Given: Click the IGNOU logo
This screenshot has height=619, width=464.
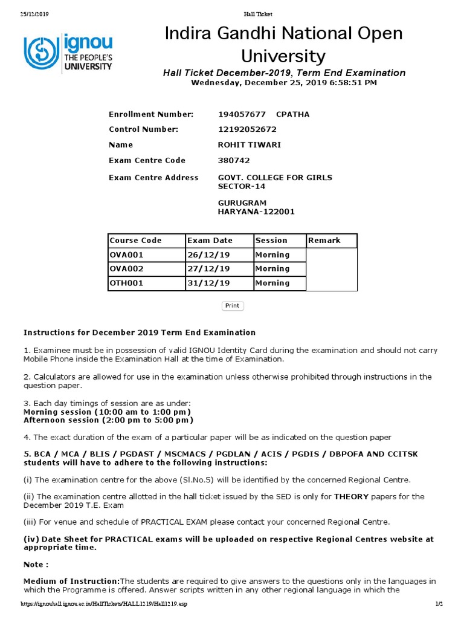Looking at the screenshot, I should tap(67, 53).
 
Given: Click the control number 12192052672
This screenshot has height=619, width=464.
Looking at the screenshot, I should tap(247, 129).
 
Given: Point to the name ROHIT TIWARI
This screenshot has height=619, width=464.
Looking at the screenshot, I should tap(249, 145).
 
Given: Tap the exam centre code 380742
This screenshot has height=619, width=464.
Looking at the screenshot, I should tap(233, 161).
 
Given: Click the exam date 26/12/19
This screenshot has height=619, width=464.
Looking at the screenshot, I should tap(209, 255).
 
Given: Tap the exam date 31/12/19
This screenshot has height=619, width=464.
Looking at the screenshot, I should tap(209, 283).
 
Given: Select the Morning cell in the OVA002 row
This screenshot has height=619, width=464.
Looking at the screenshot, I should tap(272, 269).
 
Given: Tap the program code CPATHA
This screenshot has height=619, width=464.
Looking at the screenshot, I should tap(292, 114).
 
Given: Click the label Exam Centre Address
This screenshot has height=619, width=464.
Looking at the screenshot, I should tap(153, 178).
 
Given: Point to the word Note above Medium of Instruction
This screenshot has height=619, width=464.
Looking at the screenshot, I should tap(35, 565).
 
